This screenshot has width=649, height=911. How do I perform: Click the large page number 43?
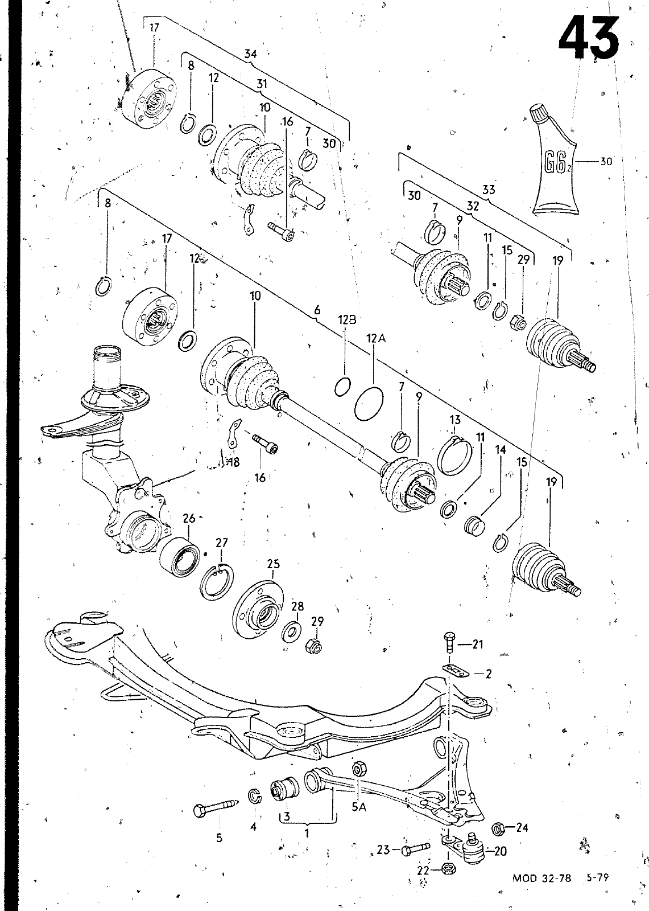(589, 36)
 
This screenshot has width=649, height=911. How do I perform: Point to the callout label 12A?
(375, 338)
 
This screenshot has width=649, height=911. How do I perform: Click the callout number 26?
(189, 518)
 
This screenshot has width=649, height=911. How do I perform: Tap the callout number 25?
(273, 564)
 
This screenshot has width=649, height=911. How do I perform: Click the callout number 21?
(477, 645)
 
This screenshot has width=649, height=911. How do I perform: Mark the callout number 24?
(522, 827)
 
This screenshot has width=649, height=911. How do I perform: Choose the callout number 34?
(251, 54)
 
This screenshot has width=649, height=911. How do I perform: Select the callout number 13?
(455, 420)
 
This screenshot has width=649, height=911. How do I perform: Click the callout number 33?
(489, 190)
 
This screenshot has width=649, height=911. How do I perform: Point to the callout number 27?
(221, 543)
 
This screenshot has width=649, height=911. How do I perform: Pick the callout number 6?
(317, 310)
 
